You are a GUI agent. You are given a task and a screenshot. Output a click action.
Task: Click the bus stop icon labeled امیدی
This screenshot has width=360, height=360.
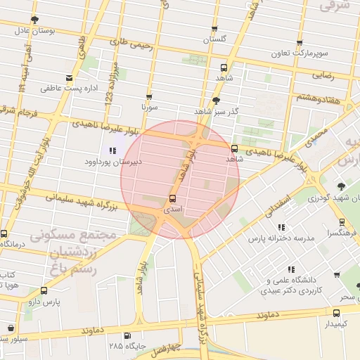173,198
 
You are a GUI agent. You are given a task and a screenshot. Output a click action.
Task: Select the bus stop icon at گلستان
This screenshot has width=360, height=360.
214,29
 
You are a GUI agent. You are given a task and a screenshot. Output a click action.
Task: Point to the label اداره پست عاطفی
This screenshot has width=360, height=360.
61,89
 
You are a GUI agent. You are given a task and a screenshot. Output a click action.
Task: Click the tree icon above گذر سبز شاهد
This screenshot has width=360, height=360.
215,101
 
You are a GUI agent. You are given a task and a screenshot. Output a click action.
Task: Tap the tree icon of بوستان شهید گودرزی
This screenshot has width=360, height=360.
340,186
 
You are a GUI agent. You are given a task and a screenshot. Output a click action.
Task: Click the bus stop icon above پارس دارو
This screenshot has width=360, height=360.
44,290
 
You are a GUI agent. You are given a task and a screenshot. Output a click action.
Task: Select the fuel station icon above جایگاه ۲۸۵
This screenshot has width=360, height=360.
127,335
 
